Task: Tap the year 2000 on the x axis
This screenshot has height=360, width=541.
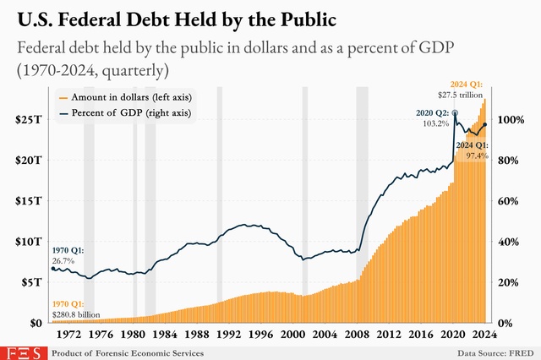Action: [293, 335]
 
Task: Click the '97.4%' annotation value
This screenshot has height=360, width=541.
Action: [476, 155]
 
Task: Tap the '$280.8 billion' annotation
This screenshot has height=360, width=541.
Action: [75, 314]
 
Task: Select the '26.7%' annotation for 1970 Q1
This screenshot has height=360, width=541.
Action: [63, 261]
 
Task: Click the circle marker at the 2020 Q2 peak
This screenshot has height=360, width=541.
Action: [456, 112]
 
